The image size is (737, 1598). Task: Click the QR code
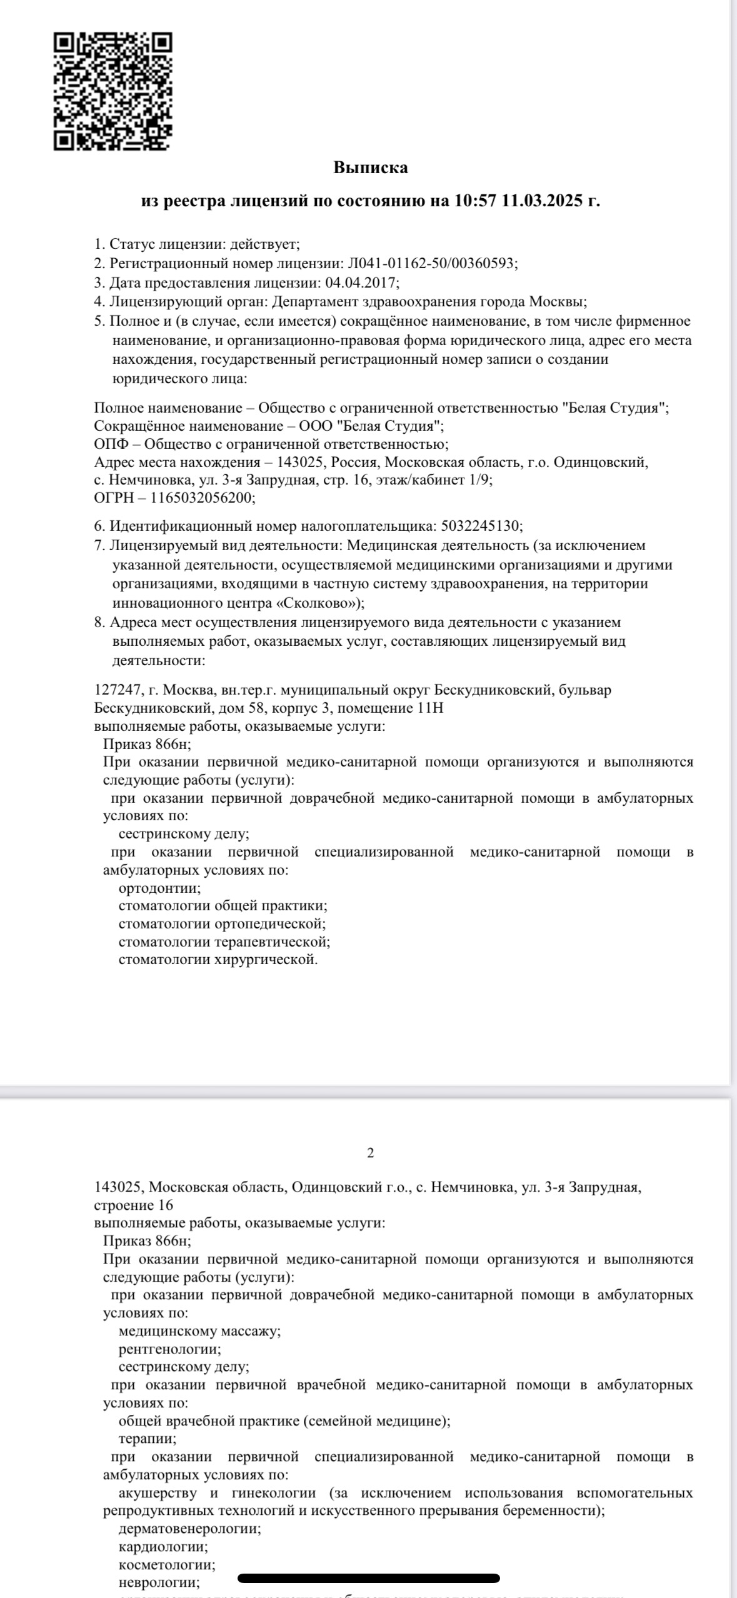(113, 91)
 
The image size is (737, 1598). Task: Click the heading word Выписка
(370, 168)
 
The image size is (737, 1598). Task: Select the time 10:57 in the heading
(474, 201)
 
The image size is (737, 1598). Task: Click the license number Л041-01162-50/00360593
(431, 263)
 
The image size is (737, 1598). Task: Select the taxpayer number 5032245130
(481, 526)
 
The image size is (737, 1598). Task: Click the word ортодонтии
(159, 888)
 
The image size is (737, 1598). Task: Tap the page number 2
(370, 1153)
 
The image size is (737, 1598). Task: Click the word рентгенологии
(169, 1349)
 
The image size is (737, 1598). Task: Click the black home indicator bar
(369, 1578)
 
